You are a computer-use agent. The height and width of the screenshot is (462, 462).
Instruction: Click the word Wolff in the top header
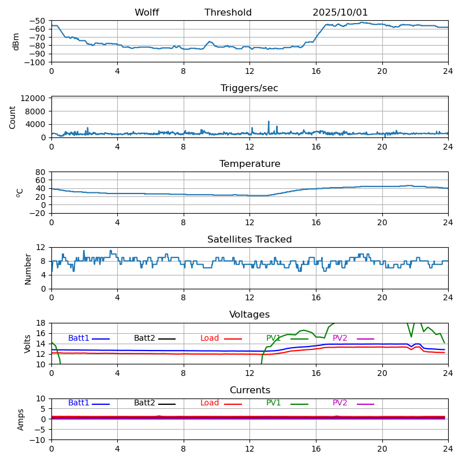pyautogui.click(x=147, y=13)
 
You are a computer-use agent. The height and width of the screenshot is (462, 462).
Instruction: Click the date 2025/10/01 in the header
pyautogui.click(x=340, y=13)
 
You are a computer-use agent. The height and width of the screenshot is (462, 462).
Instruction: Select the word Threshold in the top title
pyautogui.click(x=228, y=13)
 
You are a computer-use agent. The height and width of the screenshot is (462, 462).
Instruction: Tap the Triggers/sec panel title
pyautogui.click(x=249, y=88)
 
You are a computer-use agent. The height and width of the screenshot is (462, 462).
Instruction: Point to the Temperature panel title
pyautogui.click(x=249, y=164)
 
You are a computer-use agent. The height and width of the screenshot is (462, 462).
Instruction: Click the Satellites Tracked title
pyautogui.click(x=249, y=240)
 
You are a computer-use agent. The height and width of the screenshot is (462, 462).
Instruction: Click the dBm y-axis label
pyautogui.click(x=16, y=42)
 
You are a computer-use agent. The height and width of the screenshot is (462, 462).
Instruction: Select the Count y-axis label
pyautogui.click(x=13, y=117)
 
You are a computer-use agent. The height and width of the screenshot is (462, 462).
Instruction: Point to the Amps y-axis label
pyautogui.click(x=21, y=419)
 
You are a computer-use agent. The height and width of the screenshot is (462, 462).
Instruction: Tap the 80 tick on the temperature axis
pyautogui.click(x=41, y=172)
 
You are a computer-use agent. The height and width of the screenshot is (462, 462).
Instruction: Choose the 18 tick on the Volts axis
pyautogui.click(x=41, y=323)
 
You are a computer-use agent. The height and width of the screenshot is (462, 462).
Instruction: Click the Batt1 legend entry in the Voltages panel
pyautogui.click(x=79, y=338)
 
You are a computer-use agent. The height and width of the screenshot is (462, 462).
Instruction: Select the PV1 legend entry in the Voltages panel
pyautogui.click(x=274, y=338)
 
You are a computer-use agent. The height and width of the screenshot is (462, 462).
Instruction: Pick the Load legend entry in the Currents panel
pyautogui.click(x=210, y=403)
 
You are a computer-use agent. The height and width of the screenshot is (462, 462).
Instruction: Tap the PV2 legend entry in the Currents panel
pyautogui.click(x=340, y=403)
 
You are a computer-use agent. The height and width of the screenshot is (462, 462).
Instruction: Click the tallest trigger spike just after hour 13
pyautogui.click(x=269, y=122)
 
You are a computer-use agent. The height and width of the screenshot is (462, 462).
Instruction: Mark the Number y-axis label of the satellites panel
pyautogui.click(x=28, y=269)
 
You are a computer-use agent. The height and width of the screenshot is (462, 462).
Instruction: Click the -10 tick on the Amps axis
pyautogui.click(x=38, y=440)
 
